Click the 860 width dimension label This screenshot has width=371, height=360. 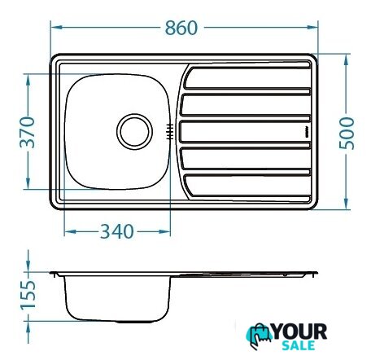(181, 28)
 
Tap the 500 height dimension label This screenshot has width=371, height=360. (347, 134)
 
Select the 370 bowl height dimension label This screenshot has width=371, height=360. (28, 132)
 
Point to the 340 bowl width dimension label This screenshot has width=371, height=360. (117, 231)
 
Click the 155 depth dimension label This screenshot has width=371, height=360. (28, 295)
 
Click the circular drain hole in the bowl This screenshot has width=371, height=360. (134, 132)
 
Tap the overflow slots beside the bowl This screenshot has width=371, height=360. (170, 132)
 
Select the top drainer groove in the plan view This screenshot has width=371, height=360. (247, 78)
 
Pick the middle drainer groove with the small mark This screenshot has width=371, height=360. (245, 132)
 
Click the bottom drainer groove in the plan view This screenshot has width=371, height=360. (247, 186)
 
